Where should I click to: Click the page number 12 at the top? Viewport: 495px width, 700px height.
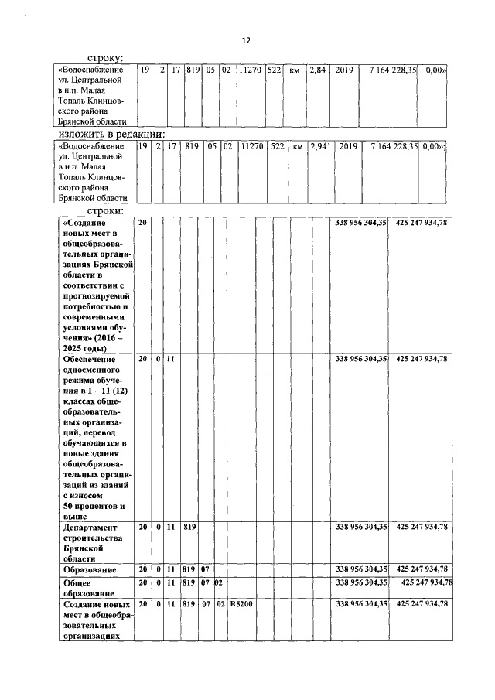[246, 40]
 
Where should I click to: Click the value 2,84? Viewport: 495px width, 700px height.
[317, 70]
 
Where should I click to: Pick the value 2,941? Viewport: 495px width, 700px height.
[319, 146]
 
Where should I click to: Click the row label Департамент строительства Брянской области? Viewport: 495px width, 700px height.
[92, 541]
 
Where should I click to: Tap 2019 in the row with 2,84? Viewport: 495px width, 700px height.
[344, 70]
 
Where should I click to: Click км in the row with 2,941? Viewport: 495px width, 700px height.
[297, 146]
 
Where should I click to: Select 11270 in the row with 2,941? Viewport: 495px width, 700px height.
[251, 146]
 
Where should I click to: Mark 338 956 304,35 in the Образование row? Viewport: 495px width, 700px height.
[360, 569]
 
